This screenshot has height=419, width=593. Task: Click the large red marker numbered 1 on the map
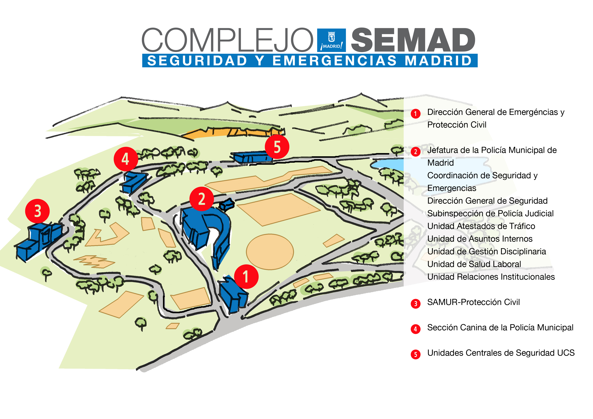pos(246,277)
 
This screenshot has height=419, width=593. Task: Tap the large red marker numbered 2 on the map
pos(201,199)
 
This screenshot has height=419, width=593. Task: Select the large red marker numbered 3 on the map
pos(38,211)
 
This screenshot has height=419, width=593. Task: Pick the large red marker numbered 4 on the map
pos(126,159)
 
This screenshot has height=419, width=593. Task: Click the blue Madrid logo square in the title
pos(331,40)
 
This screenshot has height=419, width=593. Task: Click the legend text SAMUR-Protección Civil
pos(473,302)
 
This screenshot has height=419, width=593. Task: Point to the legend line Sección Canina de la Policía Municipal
pos(500,327)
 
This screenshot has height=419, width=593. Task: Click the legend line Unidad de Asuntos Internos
pos(480,239)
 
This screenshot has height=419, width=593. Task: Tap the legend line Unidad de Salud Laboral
pos(474,264)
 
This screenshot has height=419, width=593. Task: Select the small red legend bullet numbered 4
pos(415,329)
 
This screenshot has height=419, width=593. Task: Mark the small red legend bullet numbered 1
pos(415,114)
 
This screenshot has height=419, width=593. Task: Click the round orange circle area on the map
pos(270,252)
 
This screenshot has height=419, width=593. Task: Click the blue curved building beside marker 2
pos(220,232)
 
